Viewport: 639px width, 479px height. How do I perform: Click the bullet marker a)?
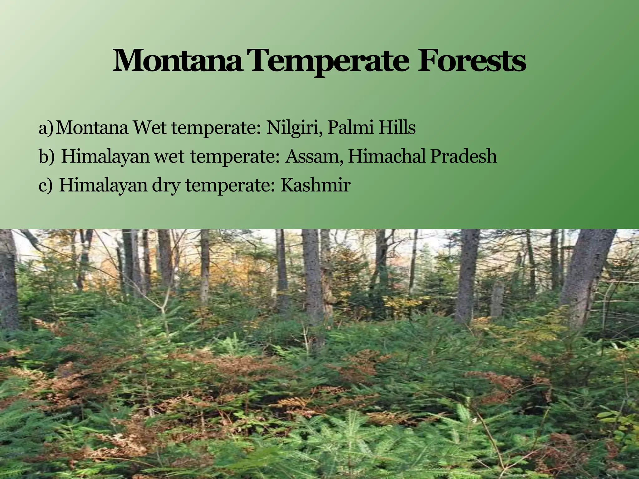(x=46, y=128)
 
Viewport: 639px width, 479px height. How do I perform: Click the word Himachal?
(x=387, y=156)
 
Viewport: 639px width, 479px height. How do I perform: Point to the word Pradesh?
(x=464, y=156)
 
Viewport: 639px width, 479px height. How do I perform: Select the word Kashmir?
(x=315, y=185)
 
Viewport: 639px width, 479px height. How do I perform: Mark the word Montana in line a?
(x=92, y=128)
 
